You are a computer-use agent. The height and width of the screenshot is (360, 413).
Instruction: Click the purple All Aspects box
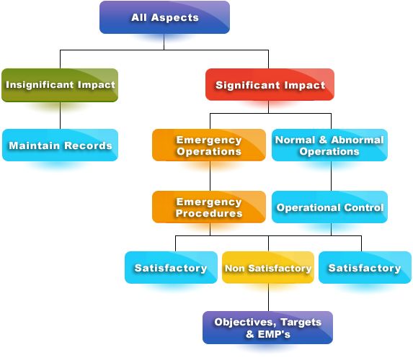click(164, 17)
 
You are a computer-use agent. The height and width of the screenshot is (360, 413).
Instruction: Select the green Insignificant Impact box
click(60, 85)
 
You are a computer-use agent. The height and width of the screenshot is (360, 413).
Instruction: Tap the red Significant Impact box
click(270, 84)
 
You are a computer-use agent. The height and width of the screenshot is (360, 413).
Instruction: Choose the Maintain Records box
click(60, 145)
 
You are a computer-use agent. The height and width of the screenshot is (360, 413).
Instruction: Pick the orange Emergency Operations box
click(209, 145)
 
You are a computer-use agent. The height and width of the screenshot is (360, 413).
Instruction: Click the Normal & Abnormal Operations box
click(329, 145)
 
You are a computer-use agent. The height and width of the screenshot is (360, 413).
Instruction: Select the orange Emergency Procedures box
click(209, 207)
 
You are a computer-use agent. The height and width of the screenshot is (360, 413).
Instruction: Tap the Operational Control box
click(329, 207)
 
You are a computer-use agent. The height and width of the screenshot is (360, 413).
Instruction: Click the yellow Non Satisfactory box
click(268, 267)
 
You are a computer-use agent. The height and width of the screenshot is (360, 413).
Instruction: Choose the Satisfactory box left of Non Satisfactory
click(172, 267)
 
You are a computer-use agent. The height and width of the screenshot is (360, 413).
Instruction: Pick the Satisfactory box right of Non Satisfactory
click(365, 267)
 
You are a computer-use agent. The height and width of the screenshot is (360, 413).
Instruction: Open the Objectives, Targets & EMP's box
click(267, 328)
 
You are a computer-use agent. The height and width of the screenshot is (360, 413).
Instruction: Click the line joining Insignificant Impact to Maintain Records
click(60, 115)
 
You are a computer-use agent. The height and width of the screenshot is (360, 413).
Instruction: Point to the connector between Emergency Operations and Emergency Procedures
click(210, 176)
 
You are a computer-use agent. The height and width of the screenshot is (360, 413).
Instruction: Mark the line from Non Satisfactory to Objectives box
click(268, 297)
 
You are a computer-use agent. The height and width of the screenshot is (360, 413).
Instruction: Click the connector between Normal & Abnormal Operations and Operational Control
click(331, 176)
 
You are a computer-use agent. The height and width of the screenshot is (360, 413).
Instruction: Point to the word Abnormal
click(358, 140)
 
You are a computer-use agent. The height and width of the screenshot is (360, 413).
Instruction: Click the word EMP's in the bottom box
click(274, 334)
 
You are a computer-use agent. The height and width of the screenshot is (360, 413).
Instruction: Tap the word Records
click(88, 145)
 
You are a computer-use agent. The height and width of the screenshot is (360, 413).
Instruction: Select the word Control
click(364, 207)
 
